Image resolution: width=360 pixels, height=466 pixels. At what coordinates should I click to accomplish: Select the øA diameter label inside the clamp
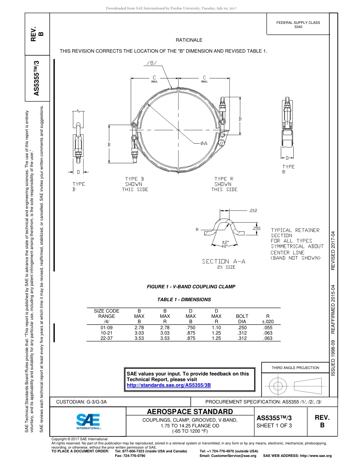pyautogui.click(x=203, y=143)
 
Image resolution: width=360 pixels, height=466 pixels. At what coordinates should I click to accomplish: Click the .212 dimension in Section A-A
pyautogui.click(x=253, y=211)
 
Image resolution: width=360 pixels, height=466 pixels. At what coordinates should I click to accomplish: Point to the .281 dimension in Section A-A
pyautogui.click(x=256, y=228)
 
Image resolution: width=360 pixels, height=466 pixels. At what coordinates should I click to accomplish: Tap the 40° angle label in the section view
pyautogui.click(x=224, y=246)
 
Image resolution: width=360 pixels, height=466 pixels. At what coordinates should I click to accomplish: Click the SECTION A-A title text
pyautogui.click(x=224, y=261)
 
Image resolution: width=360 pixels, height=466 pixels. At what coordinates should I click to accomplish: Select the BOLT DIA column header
pyautogui.click(x=242, y=319)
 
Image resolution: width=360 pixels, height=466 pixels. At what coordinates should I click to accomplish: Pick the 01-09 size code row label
pyautogui.click(x=106, y=327)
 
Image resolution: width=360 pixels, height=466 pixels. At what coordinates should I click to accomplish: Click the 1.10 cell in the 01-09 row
pyautogui.click(x=216, y=327)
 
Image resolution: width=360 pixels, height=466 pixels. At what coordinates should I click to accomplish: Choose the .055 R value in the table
pyautogui.click(x=268, y=327)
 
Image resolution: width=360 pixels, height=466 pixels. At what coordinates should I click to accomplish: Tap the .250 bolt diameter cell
pyautogui.click(x=242, y=327)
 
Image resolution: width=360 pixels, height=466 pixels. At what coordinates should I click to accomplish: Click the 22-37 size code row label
pyautogui.click(x=106, y=338)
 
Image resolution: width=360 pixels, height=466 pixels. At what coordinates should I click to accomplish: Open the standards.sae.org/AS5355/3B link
pyautogui.click(x=168, y=385)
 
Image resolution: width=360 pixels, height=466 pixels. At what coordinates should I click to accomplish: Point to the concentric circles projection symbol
pyautogui.click(x=278, y=386)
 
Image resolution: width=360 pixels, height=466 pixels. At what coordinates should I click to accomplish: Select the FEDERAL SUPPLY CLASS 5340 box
pyautogui.click(x=298, y=25)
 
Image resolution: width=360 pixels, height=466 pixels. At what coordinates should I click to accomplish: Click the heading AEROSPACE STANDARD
pyautogui.click(x=190, y=412)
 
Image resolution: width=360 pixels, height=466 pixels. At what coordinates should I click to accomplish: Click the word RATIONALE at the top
pyautogui.click(x=189, y=40)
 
